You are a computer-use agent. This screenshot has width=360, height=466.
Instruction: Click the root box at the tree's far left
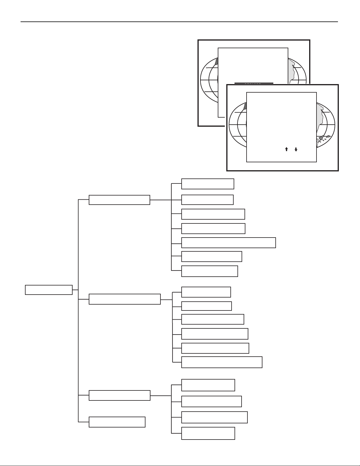(49, 290)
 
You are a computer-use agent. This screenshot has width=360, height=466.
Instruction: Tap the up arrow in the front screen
(286, 149)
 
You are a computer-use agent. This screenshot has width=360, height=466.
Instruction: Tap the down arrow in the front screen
(296, 149)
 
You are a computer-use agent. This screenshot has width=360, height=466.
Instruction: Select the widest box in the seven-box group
(228, 243)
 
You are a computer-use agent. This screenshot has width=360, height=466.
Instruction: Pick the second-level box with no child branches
(117, 422)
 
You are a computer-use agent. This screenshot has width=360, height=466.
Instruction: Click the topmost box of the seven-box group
(207, 184)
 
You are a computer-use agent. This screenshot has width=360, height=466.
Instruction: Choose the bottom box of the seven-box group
(210, 271)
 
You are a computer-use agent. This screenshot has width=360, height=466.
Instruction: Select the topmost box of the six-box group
(206, 292)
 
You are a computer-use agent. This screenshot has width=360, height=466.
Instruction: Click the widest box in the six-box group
(222, 362)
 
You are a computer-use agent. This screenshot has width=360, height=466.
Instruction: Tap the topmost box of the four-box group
(208, 385)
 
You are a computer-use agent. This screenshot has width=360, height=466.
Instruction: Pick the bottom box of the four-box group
(208, 433)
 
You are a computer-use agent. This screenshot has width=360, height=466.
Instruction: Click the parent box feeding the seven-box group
(119, 200)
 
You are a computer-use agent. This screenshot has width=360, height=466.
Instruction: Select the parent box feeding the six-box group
(125, 299)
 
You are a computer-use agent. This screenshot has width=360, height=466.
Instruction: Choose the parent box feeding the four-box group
(119, 395)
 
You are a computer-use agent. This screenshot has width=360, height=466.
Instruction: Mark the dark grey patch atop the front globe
(245, 106)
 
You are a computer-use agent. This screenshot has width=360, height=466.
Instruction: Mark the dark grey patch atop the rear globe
(217, 61)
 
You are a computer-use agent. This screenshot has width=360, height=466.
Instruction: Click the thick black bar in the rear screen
(254, 83)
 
